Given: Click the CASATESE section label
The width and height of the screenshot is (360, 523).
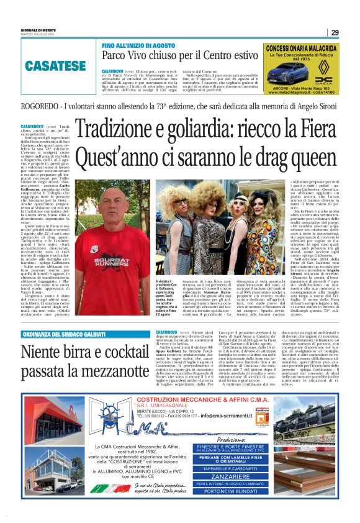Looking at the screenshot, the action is (x=55, y=65).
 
